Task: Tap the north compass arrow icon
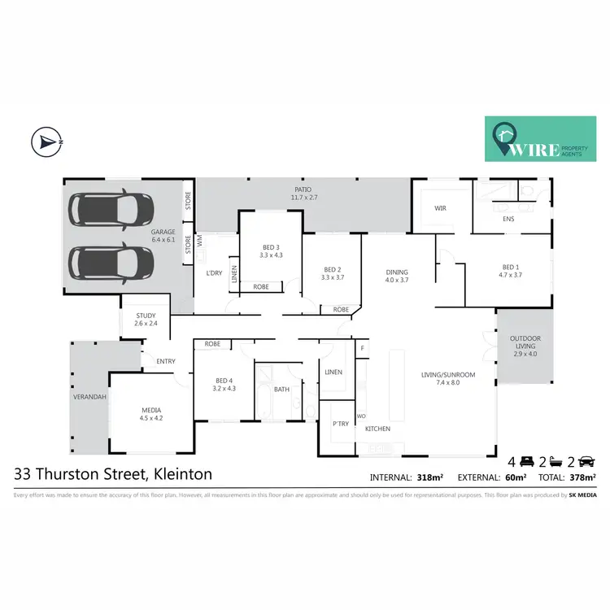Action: pos(48,142)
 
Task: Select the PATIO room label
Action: pos(303,193)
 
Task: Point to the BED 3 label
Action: pos(271,247)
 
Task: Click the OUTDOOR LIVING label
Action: pos(525,341)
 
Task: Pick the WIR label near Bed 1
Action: pos(441,208)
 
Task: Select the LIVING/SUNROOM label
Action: pos(448,374)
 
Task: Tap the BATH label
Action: pos(281,390)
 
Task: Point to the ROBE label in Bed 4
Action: pos(212,344)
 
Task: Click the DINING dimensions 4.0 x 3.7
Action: pos(396,280)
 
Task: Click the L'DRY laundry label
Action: pos(214,272)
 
